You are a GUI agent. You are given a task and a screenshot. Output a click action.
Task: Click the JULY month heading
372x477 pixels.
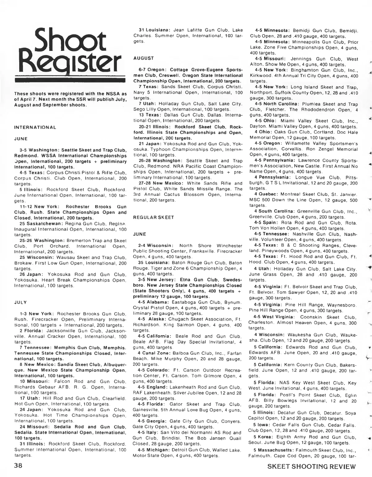tap(20, 302)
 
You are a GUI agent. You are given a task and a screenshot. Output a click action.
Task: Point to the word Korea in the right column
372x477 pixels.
tap(266, 437)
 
